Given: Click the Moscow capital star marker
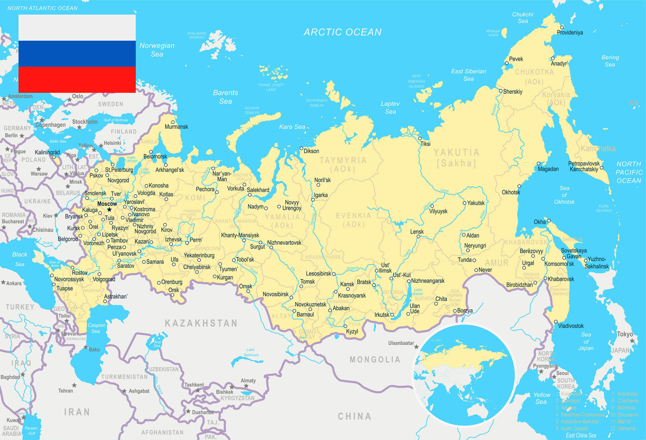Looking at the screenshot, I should tap(109, 209).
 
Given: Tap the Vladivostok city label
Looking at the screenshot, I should tap(571, 326).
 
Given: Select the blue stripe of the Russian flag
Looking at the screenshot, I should tap(77, 54).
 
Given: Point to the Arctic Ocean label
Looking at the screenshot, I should tap(343, 32).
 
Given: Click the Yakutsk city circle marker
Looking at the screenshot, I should tap(465, 203).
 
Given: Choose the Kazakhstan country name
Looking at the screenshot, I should tap(201, 323).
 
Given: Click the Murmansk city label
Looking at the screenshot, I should tap(176, 127).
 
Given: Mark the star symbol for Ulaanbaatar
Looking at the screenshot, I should tap(417, 347).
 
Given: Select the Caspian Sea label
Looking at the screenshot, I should tap(96, 328).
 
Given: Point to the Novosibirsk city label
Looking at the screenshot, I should tap(276, 294).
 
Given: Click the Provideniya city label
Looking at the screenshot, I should tap(570, 33).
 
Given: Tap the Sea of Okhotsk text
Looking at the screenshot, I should tap(564, 195).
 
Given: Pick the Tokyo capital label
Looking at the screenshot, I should tap(625, 334).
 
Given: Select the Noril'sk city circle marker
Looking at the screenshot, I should tap(318, 185).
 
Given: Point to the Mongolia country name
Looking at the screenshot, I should tap(375, 360).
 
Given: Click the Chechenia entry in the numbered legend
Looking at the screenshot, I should tap(628, 401).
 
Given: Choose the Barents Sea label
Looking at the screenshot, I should tap(225, 97).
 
